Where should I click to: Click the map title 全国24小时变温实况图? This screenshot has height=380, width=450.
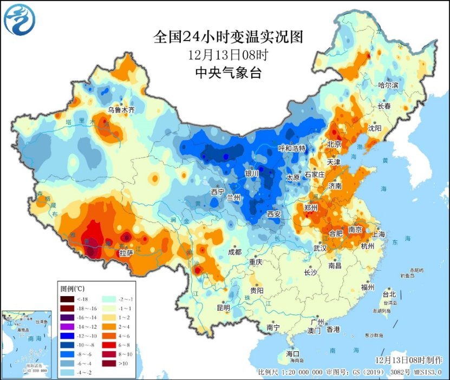tap(227, 37)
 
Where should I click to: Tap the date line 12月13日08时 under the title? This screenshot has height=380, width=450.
tap(227, 55)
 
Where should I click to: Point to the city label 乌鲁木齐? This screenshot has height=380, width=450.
tap(121, 109)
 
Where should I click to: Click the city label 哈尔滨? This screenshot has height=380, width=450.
tap(388, 86)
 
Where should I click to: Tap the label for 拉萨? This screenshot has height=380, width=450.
tap(126, 252)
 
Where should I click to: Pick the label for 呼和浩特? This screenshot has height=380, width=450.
tap(292, 148)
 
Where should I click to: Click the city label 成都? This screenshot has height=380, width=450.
tap(234, 252)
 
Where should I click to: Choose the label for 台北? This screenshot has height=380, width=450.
tap(389, 294)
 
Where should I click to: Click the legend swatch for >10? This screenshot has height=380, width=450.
tap(108, 363)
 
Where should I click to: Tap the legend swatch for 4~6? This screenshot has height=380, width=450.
tap(108, 336)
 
